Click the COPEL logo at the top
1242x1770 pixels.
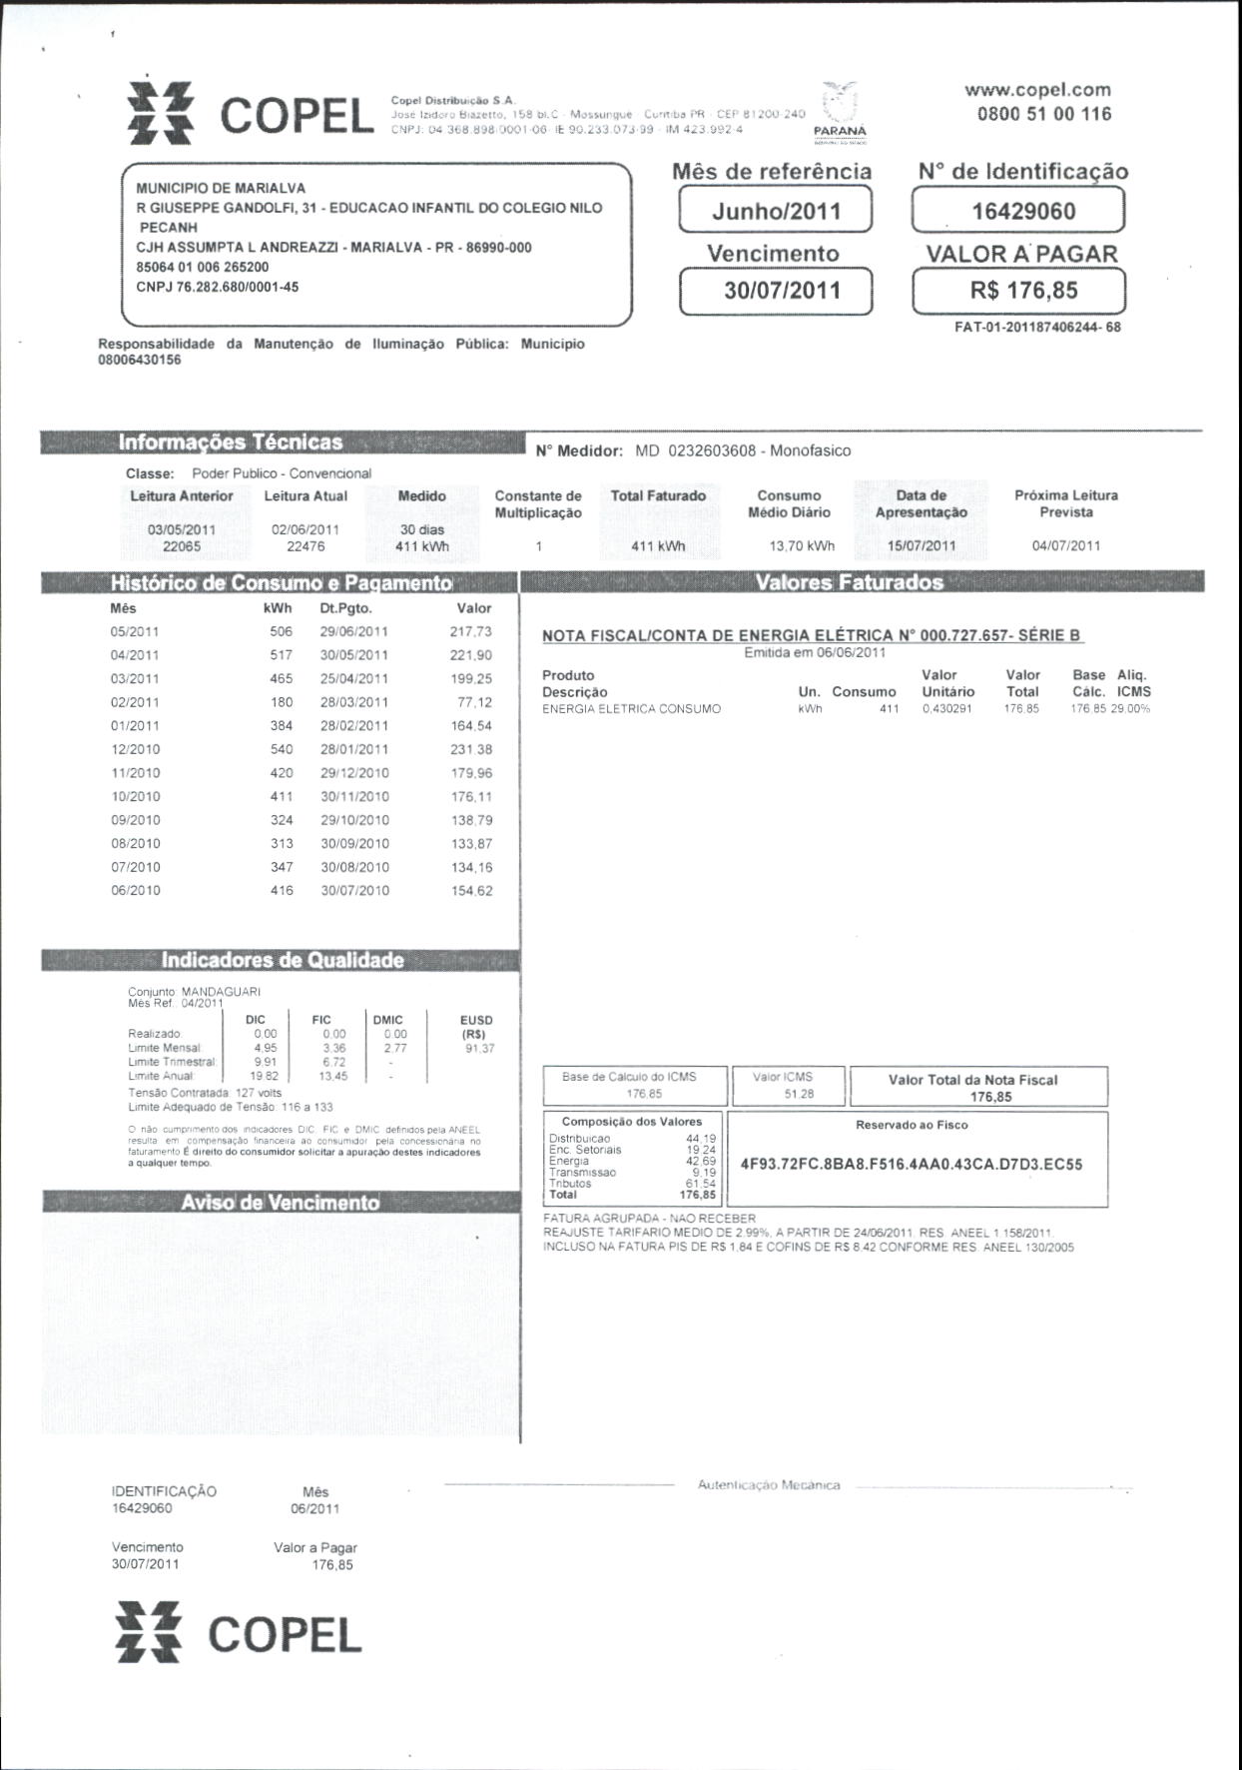[x=251, y=114]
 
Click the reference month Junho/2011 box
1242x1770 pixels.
[x=776, y=211]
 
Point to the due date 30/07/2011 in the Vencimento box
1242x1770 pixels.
[x=776, y=292]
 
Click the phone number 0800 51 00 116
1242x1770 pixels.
[x=1043, y=114]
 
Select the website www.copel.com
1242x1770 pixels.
[x=1037, y=89]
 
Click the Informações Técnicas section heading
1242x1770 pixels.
[x=230, y=442]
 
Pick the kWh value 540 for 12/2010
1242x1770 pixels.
[x=282, y=749]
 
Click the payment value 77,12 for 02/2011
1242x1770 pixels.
[x=475, y=702]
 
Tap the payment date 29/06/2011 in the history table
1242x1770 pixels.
[x=354, y=631]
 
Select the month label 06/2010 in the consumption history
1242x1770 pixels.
[x=135, y=890]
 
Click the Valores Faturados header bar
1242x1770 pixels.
[x=850, y=582]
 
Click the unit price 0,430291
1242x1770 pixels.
[x=946, y=709]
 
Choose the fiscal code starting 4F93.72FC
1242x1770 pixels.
[x=912, y=1164]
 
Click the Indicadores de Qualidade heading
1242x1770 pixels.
[x=283, y=960]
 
